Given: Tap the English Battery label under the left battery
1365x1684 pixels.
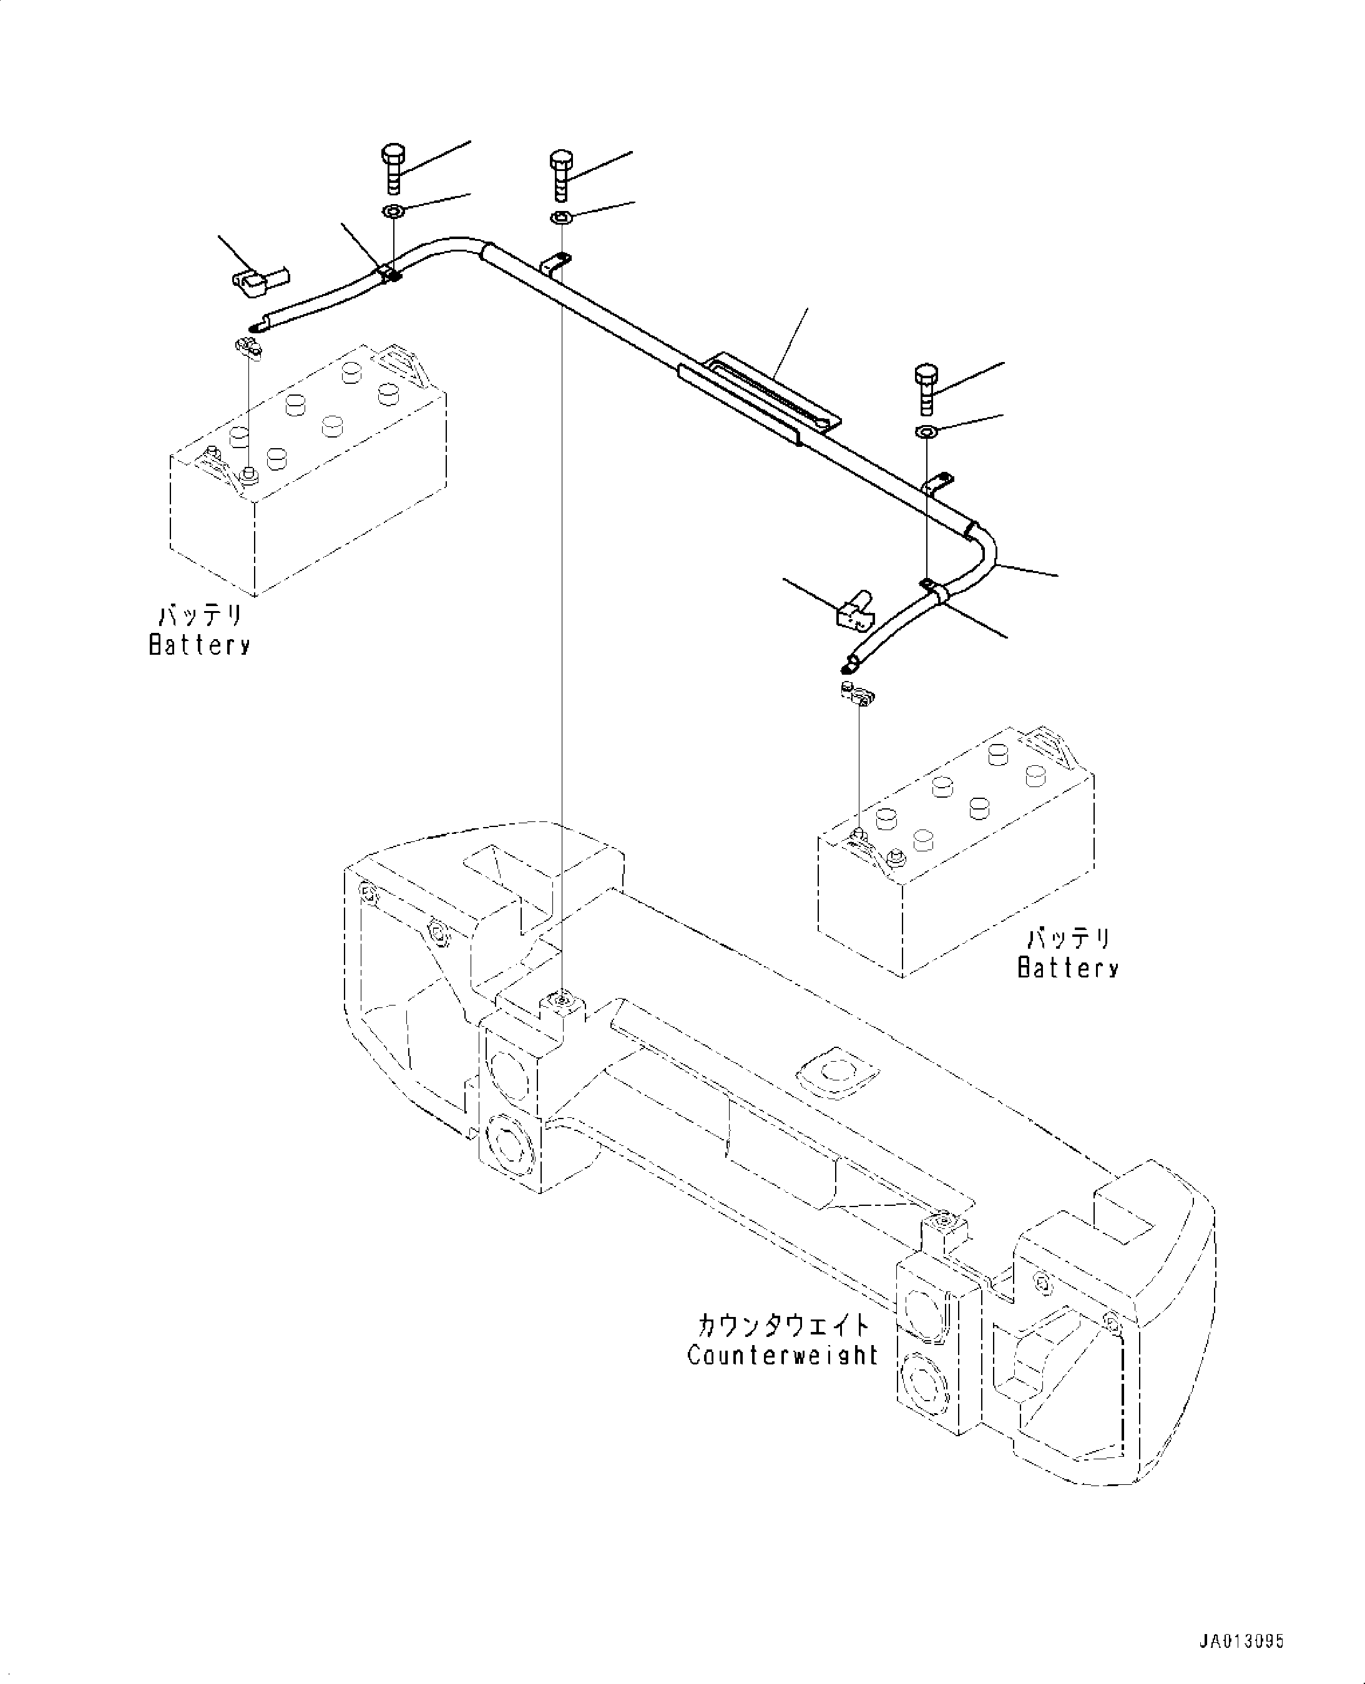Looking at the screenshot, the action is point(200,645).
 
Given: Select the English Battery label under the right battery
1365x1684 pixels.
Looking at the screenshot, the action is point(1068,966).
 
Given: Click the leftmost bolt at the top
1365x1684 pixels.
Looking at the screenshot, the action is point(393,167).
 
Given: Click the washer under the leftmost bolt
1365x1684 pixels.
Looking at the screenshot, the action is point(393,212).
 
